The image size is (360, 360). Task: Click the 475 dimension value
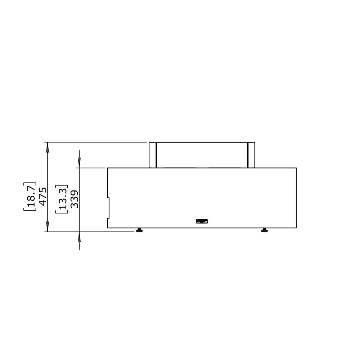43,197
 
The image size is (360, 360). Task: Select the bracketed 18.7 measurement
30,197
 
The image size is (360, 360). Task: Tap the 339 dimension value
75,199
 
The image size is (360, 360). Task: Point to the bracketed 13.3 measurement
62,199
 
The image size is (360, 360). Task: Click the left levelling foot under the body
139,230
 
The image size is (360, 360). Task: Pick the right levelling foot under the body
265,230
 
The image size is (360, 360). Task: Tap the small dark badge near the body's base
202,221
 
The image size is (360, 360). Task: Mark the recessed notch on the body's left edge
108,208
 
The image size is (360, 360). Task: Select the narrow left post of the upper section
153,155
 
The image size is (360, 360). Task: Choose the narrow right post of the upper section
251,155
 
